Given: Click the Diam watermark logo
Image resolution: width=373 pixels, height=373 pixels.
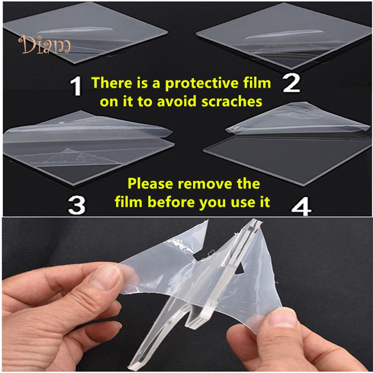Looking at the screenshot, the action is coord(44,44).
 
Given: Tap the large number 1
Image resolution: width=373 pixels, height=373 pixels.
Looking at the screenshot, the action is coord(76,87).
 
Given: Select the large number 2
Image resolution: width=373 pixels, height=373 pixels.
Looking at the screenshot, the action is coord(291,83).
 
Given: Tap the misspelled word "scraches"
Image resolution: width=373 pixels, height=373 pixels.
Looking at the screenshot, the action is coord(232,102).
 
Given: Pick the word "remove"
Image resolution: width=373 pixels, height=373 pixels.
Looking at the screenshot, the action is coord(205,184).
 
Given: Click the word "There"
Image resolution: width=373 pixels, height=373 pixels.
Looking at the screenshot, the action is coord(112,83).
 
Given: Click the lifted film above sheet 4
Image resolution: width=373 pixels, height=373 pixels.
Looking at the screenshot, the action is coord(297,119).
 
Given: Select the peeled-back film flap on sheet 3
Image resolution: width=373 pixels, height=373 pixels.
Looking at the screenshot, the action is coord(88,127).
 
